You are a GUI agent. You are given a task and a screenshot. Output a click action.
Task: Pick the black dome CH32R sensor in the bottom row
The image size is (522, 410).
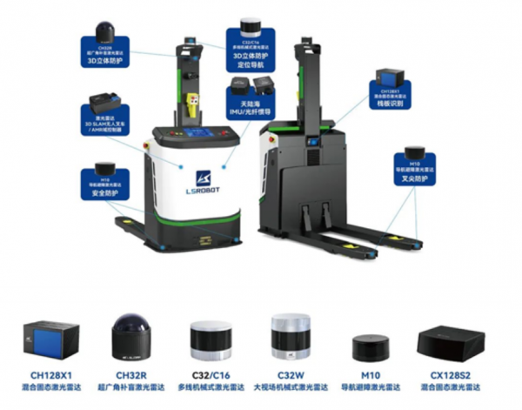(x=132, y=335)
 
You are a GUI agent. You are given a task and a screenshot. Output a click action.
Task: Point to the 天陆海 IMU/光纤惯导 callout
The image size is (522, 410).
(x=251, y=95)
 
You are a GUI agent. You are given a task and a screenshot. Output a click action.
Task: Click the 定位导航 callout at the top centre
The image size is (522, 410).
(x=251, y=45)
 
